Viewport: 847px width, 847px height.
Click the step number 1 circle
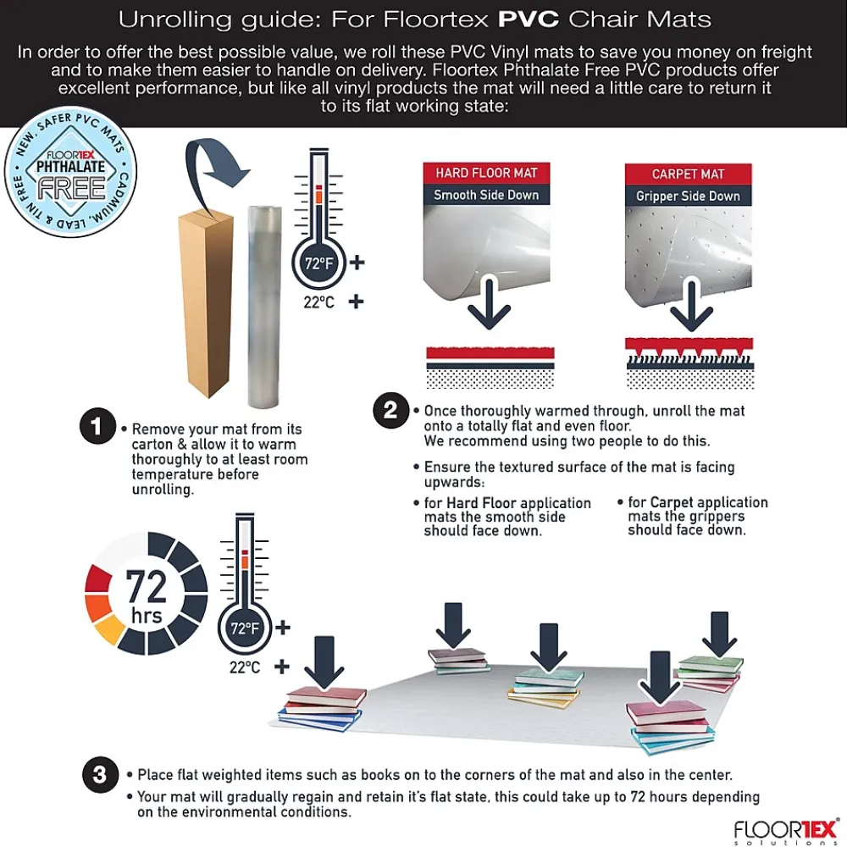97,426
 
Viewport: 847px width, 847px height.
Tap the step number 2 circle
390,411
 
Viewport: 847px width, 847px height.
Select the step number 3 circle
100,775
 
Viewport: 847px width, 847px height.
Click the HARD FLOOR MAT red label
486,173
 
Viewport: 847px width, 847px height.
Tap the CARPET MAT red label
688,174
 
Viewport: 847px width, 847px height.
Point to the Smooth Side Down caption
486,195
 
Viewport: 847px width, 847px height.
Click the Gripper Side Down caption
688,197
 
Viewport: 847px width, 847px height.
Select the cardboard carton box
207,302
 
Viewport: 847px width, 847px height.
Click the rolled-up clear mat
264,307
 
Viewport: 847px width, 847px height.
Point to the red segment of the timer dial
98,578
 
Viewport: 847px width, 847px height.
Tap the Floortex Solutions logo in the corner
786,832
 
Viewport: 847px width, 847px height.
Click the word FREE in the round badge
71,189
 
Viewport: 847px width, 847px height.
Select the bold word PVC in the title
529,19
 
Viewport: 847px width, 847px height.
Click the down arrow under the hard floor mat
489,302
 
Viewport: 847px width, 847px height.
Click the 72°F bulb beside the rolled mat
318,263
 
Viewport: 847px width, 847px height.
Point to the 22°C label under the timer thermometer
245,667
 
